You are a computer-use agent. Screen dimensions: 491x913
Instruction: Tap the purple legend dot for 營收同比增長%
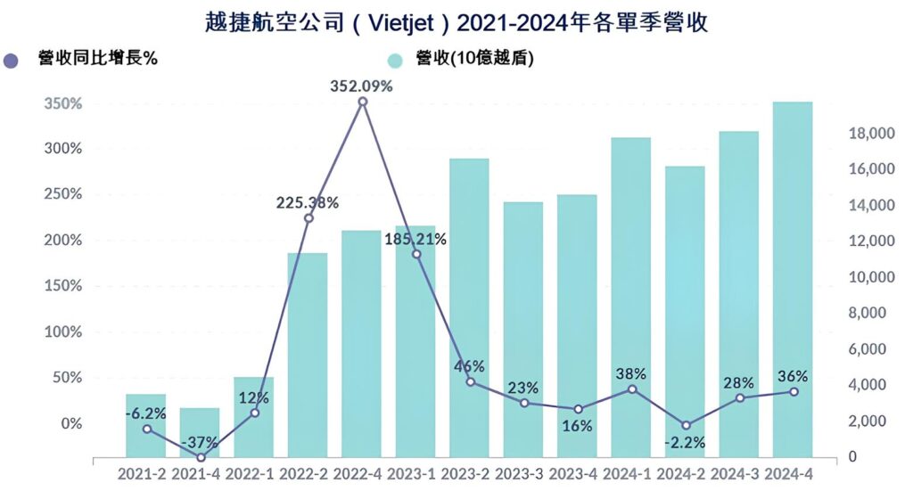[x=12, y=61]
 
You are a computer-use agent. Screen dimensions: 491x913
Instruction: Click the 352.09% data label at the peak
[x=362, y=86]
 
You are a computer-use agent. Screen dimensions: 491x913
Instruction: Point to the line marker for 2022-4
[x=362, y=102]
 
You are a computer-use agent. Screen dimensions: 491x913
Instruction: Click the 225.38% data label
[x=308, y=202]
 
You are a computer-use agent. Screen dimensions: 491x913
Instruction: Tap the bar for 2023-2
[x=469, y=307]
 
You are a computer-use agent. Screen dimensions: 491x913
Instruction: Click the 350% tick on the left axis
[x=63, y=103]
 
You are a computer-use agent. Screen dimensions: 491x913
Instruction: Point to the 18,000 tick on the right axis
[x=868, y=134]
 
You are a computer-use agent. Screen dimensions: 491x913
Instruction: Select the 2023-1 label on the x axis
[x=415, y=474]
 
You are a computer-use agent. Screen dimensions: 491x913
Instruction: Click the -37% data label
[x=201, y=443]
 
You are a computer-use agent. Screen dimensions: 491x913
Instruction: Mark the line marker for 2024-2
[x=685, y=425]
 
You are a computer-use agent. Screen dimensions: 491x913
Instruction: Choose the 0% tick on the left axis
[x=70, y=423]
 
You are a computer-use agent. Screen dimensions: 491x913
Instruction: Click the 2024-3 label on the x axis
[x=738, y=474]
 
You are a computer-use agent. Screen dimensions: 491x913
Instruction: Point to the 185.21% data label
[x=416, y=239]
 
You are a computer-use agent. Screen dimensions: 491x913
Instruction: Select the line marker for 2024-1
[x=632, y=389]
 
